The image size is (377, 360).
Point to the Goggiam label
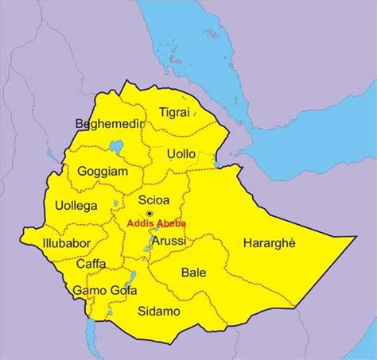pos(103,171)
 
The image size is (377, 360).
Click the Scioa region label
pos(152,199)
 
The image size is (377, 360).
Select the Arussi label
pos(169,242)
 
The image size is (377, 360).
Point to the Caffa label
pos(91,265)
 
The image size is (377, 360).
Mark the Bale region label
pos(193,273)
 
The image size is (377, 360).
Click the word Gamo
pos(87,291)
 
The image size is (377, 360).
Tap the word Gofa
pos(118,291)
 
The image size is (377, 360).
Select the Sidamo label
pos(160,311)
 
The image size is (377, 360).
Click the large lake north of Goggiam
pos(117,148)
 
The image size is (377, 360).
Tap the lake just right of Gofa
pos(132,280)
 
